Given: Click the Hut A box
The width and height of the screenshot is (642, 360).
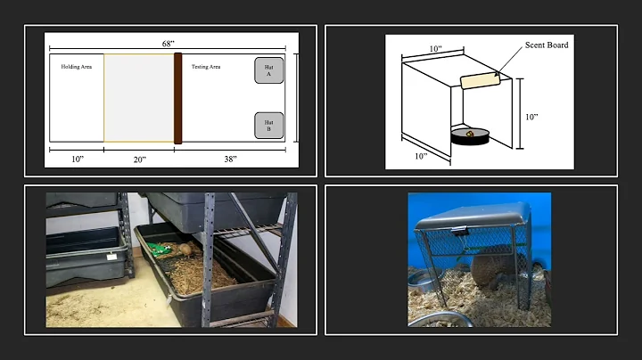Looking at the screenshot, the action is (x=269, y=70).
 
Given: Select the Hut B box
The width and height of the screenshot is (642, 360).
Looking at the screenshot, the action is (x=269, y=126).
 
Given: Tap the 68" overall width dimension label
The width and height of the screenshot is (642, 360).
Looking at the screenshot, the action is (x=168, y=44).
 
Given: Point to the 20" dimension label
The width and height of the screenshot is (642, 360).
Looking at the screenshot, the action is (x=140, y=160).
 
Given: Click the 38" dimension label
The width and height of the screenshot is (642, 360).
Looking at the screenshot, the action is (x=230, y=160).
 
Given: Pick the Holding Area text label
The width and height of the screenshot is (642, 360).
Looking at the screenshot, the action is (x=77, y=67).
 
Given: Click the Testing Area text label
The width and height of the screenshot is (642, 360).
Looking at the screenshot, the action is (x=206, y=67).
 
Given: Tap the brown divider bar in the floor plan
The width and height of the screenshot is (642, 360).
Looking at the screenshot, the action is (x=177, y=98).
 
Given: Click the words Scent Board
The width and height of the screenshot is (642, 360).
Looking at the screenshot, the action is (x=547, y=45).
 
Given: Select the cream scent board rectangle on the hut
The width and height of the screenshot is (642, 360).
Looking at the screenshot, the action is (x=481, y=80).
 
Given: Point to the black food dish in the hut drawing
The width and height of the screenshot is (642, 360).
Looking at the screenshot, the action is (x=470, y=136).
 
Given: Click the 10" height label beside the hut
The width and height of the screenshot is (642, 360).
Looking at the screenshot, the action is (x=531, y=117).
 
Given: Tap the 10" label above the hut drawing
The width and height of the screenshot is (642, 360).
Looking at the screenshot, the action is (x=436, y=49).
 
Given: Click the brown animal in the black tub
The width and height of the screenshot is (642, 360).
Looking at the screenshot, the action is (x=185, y=249).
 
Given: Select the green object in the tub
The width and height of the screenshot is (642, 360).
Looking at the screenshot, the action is (x=159, y=250).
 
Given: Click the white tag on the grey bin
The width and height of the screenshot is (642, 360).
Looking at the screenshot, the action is (x=111, y=257).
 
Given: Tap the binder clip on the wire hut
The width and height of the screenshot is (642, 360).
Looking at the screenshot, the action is (x=461, y=232).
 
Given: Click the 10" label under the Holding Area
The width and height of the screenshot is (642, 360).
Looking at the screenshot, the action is (x=78, y=160).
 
